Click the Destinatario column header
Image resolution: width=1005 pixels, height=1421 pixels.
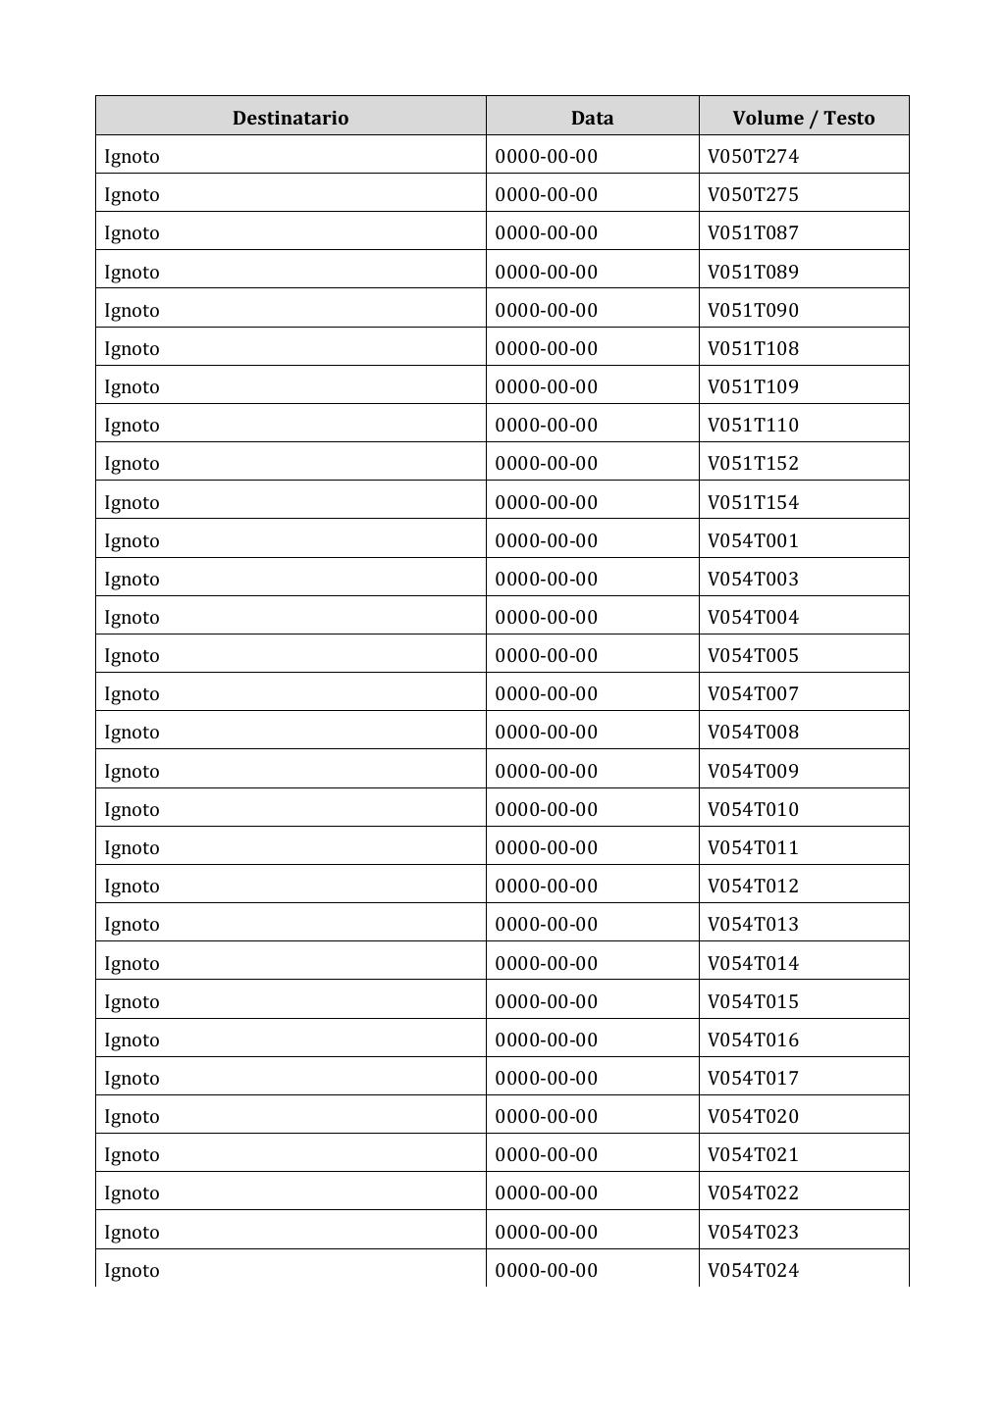coord(290,118)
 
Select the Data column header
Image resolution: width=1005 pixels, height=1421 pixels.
coord(592,118)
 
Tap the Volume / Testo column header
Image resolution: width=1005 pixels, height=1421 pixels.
coord(803,118)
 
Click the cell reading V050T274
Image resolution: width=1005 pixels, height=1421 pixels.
coord(753,156)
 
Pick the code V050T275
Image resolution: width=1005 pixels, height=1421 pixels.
coord(753,194)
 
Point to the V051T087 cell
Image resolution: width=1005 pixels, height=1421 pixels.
coord(753,232)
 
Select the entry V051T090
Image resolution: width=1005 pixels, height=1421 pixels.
coord(753,310)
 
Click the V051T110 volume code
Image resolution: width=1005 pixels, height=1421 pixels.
coord(753,425)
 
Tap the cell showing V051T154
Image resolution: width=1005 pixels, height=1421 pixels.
coord(753,502)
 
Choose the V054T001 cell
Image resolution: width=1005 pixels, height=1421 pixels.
coord(753,540)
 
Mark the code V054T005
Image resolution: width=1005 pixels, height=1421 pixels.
coord(753,655)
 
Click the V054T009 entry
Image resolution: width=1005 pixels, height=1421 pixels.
coord(753,771)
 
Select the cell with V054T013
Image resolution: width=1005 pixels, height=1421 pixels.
coord(753,924)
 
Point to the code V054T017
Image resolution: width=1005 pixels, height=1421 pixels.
coord(753,1078)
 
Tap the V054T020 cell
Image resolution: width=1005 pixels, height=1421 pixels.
coord(753,1116)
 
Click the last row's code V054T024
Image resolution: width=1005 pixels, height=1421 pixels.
coord(753,1270)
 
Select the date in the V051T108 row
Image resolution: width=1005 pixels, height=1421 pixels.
coord(546,348)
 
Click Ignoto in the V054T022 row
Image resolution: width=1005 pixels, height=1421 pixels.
coord(132,1193)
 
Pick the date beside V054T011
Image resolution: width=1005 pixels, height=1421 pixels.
coord(546,847)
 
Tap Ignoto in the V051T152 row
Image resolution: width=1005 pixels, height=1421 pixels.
coord(132,463)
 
